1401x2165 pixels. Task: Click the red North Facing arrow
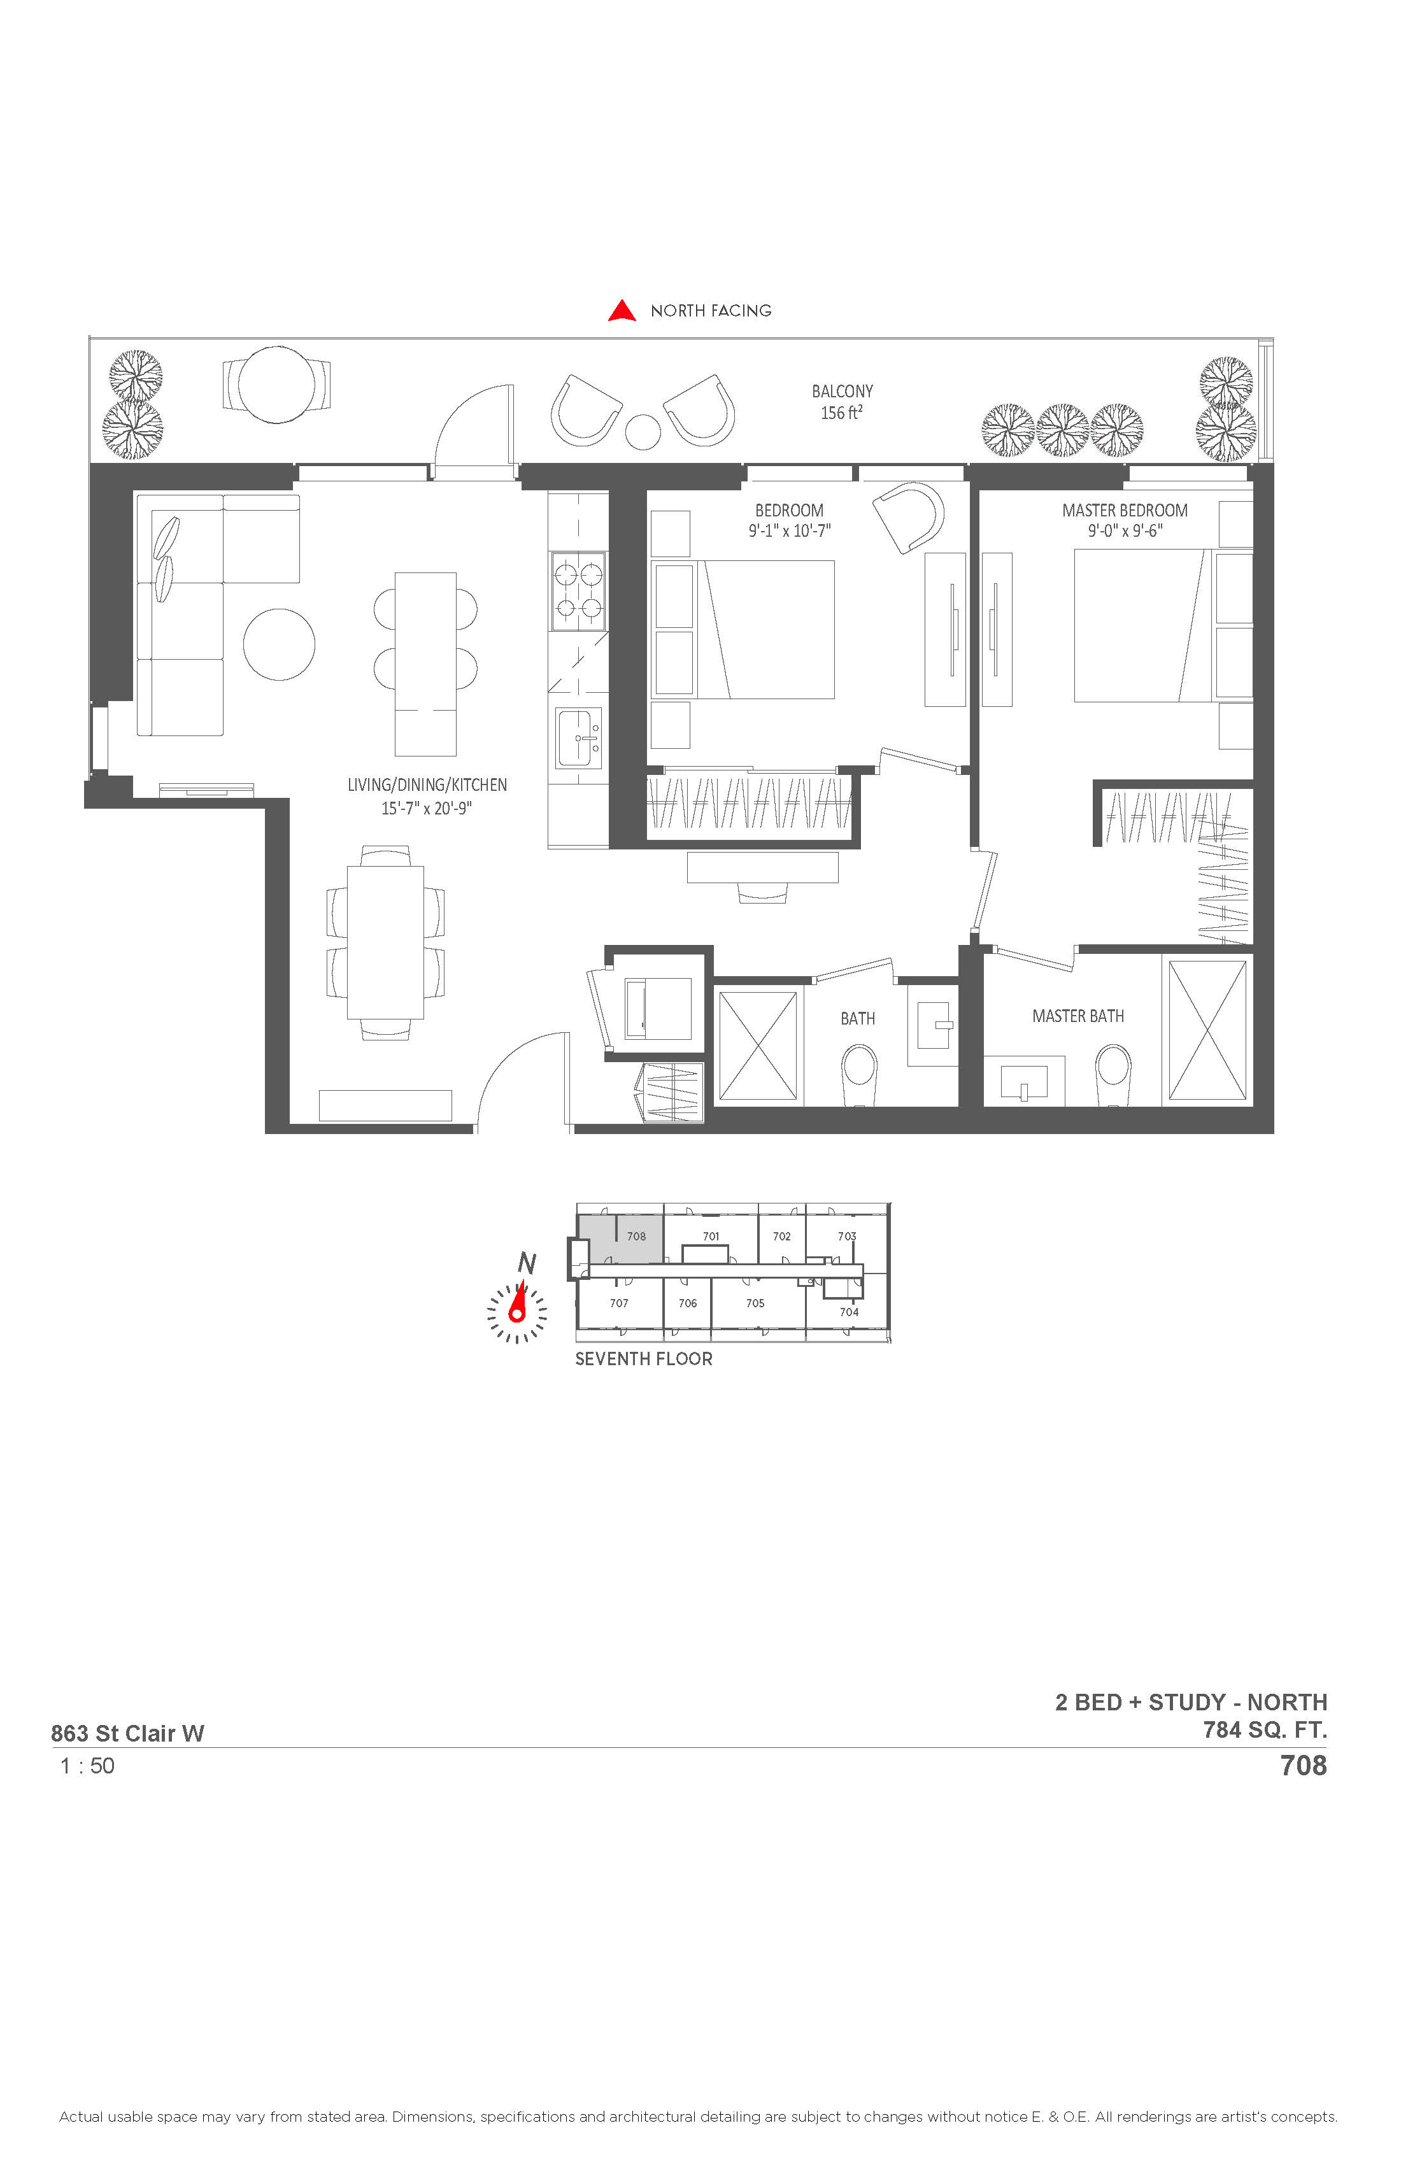point(622,311)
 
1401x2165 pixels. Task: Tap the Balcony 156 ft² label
point(843,402)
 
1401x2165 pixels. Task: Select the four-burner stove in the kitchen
point(579,592)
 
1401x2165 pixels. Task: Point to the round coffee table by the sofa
point(280,644)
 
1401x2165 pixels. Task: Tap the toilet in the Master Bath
point(1114,1074)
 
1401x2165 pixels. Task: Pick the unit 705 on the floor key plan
point(755,1303)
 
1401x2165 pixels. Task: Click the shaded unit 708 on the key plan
point(622,1238)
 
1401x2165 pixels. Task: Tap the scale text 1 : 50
point(87,1766)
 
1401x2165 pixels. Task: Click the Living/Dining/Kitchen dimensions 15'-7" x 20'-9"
point(427,808)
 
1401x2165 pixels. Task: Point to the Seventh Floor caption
point(644,1359)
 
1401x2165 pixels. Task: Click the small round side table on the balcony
point(644,431)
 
